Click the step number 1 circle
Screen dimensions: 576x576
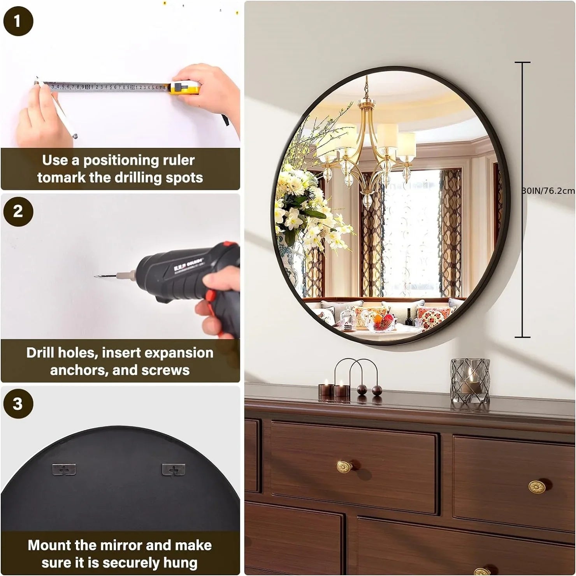point(18,21)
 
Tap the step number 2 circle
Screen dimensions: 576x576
point(18,212)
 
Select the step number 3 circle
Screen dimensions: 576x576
point(18,404)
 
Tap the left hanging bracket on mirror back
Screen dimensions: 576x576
point(64,470)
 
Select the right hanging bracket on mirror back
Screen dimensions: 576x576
point(174,470)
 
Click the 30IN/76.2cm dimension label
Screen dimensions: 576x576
point(548,191)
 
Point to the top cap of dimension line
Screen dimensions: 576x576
point(522,62)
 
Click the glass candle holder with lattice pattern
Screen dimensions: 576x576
point(470,381)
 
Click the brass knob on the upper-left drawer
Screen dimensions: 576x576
point(344,466)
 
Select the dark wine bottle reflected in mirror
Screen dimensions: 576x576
point(409,317)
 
